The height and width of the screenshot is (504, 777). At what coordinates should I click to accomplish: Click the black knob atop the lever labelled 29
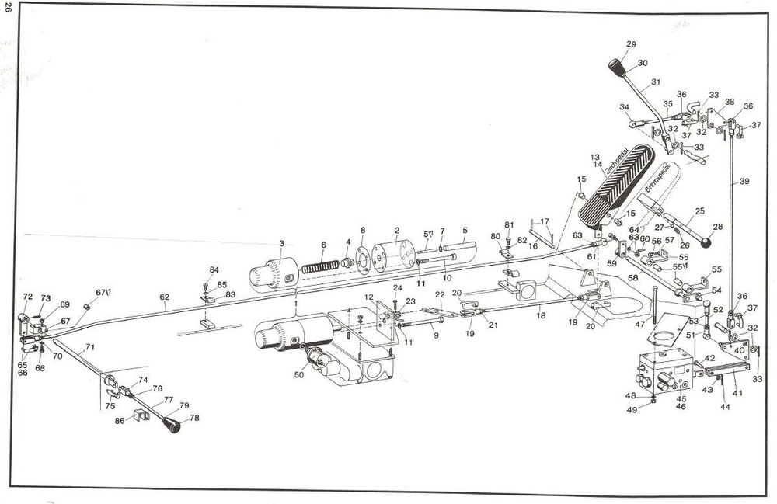(x=618, y=67)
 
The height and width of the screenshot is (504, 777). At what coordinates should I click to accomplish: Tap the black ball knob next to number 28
(x=706, y=244)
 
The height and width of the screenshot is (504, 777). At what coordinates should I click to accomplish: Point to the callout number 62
(x=164, y=296)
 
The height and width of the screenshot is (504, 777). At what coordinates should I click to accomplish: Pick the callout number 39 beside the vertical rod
(x=744, y=181)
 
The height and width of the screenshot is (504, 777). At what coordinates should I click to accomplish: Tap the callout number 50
(x=299, y=375)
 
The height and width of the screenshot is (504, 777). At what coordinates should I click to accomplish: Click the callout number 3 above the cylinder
(x=281, y=243)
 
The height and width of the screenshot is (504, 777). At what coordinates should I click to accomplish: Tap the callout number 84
(x=214, y=269)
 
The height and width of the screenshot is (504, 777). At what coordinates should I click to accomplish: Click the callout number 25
(x=699, y=210)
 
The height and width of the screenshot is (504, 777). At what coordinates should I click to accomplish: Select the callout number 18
(x=541, y=315)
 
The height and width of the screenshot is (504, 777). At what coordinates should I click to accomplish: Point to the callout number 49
(x=631, y=408)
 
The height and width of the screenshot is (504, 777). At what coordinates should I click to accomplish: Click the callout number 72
(x=27, y=297)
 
